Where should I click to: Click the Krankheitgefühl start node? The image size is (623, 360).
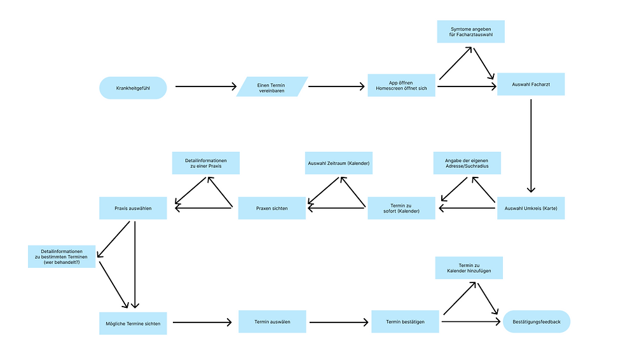133,88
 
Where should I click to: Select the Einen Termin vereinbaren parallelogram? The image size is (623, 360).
272,87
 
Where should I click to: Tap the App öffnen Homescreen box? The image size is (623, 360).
401,86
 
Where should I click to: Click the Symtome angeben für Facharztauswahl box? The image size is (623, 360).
470,32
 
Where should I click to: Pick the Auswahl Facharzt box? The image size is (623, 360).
530,85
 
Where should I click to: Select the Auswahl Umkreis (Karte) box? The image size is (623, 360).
530,209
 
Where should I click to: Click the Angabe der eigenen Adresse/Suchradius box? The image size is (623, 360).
466,163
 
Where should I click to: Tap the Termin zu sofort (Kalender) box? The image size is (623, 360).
401,209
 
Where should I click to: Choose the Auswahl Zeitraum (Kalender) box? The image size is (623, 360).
338,163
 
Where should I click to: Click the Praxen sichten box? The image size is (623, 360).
272,209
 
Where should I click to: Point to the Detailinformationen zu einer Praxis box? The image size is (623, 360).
206,163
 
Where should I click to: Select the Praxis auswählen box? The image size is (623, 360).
133,209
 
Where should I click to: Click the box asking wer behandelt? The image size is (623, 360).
62,256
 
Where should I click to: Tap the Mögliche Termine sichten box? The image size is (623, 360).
133,323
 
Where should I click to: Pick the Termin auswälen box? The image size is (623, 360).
272,322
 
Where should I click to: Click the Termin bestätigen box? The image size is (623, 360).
405,322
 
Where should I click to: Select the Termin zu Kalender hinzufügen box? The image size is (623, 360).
469,268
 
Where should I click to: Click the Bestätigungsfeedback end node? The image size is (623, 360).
537,322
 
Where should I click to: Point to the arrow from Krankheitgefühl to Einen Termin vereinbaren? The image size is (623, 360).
205,87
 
